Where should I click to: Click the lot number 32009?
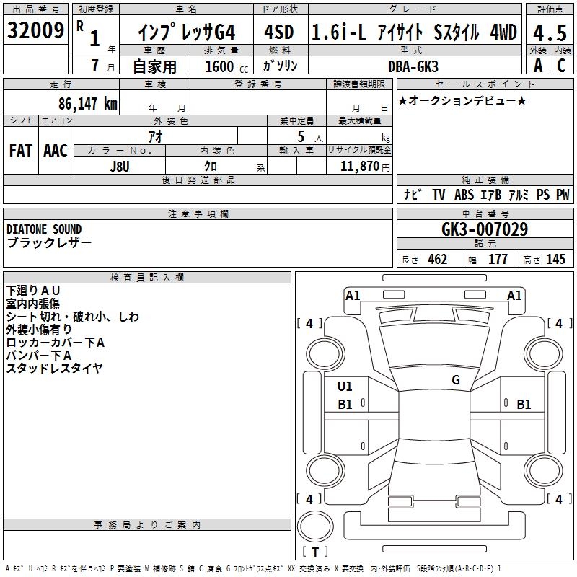pos(35,30)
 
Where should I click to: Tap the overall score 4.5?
pos(550,33)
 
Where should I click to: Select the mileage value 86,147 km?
pos(87,104)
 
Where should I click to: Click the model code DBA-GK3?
pos(413,66)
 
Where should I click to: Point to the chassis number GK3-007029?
pos(485,229)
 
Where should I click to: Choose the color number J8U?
pos(120,167)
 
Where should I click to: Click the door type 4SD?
pos(279,32)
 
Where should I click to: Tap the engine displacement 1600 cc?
pos(226,66)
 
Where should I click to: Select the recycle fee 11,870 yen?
pos(365,167)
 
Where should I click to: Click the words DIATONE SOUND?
pos(44,229)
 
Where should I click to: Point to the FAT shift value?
pos(21,151)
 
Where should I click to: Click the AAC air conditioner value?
pos(56,151)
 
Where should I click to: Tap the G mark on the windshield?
pos(456,380)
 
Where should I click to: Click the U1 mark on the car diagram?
pos(345,387)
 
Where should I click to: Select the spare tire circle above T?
pos(315,527)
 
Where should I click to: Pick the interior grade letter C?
pos(561,66)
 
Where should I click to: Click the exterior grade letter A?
pos(538,66)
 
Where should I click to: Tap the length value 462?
pos(438,259)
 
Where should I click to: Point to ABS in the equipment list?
pos(464,194)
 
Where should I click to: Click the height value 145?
pos(555,259)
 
